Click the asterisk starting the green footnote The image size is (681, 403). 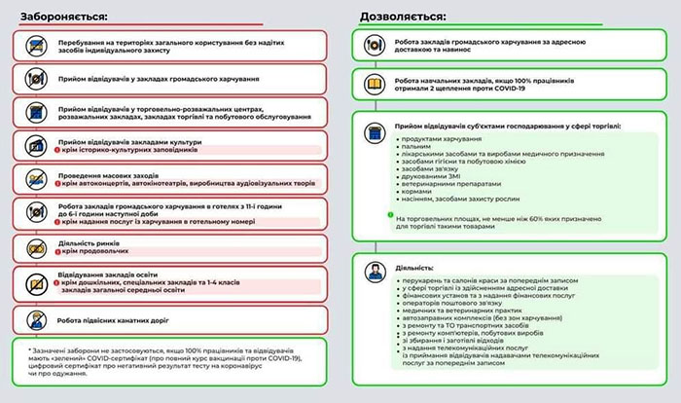[30, 348]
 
